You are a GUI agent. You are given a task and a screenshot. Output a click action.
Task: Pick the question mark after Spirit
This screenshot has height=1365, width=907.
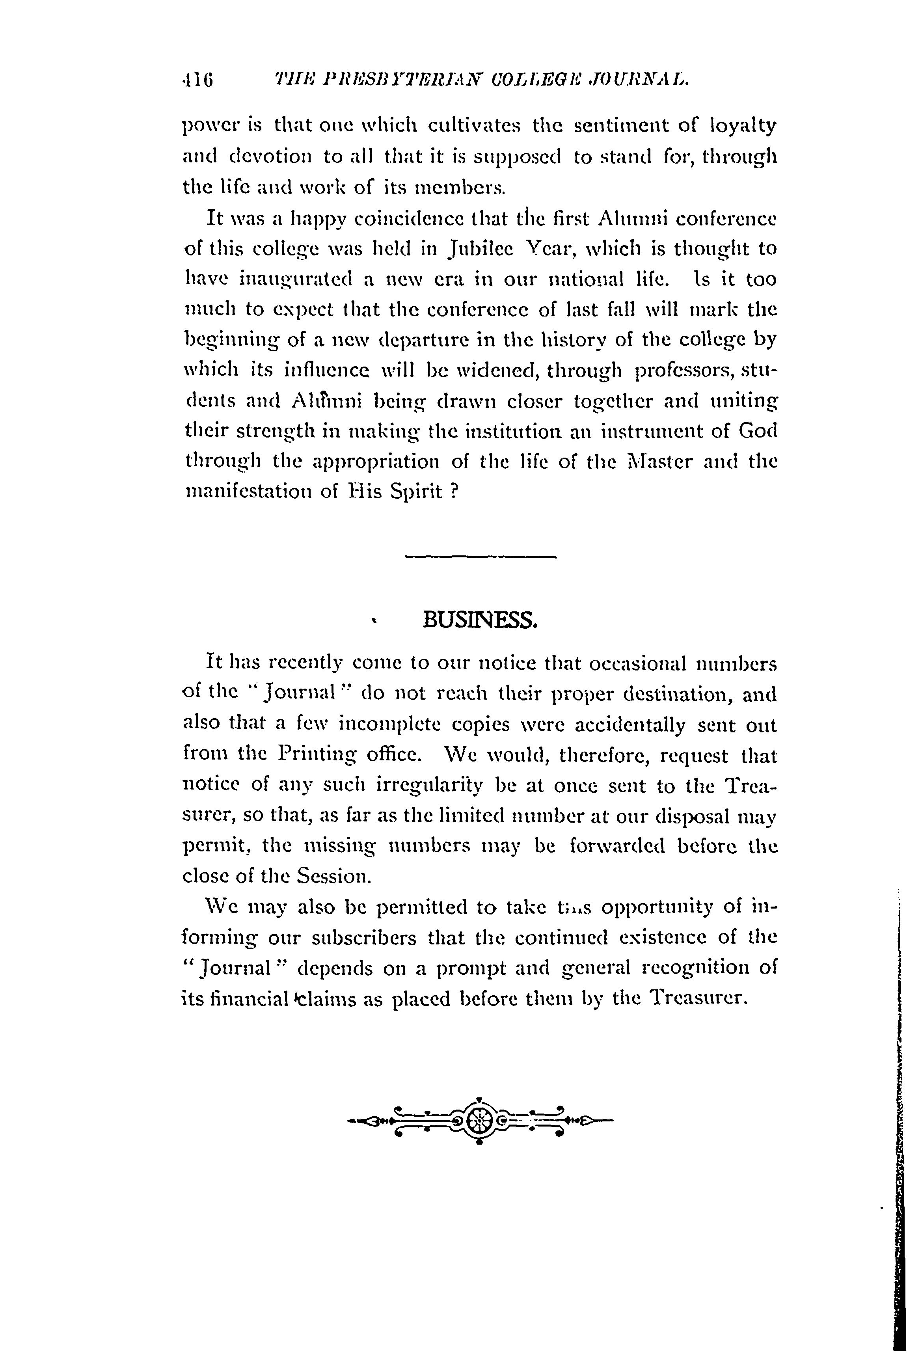(x=454, y=492)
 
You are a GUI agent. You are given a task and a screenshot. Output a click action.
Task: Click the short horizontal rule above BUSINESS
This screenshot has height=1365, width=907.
(x=480, y=557)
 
